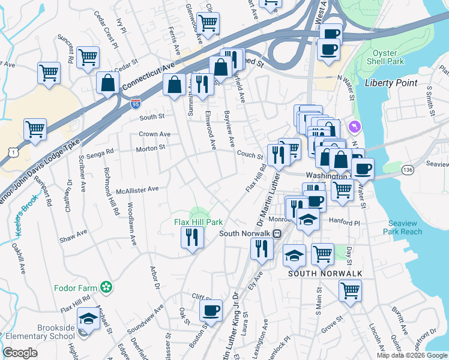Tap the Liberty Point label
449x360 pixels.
388,82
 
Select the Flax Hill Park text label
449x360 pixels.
198,223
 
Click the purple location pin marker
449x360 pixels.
355,127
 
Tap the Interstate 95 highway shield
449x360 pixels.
136,104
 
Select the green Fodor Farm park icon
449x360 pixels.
106,288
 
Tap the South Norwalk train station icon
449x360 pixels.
277,233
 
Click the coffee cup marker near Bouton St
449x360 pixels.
211,310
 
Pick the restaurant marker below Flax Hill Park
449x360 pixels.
193,237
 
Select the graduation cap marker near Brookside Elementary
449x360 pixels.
88,318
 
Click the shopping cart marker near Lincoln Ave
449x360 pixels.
350,290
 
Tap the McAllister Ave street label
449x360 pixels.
137,189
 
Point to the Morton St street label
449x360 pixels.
150,148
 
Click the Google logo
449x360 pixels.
20,353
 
